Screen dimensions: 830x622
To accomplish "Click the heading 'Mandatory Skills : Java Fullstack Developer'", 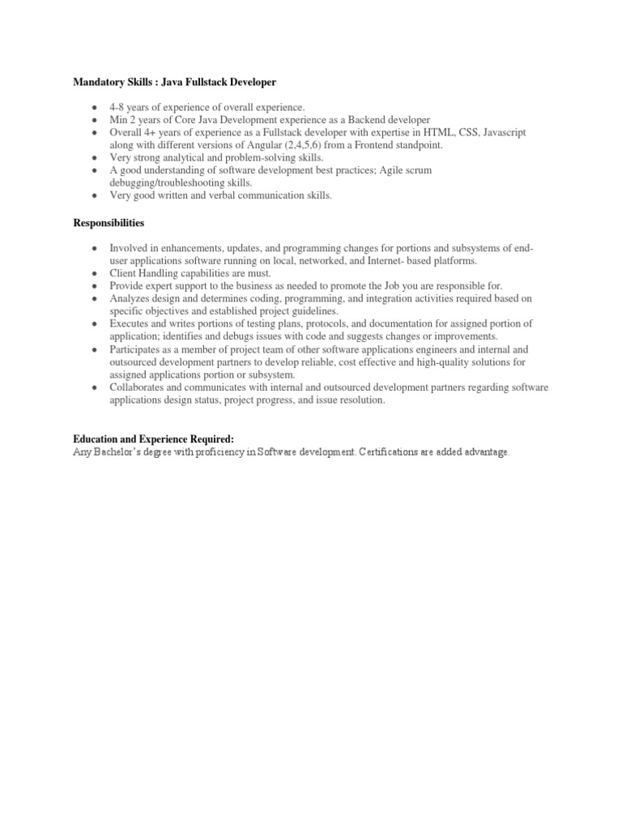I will point(175,82).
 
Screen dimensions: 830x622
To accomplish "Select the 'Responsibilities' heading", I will point(109,222).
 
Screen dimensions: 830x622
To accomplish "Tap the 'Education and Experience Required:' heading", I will point(153,439).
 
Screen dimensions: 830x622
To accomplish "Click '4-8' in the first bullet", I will point(120,108).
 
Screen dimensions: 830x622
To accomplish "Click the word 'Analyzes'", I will point(131,298).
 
